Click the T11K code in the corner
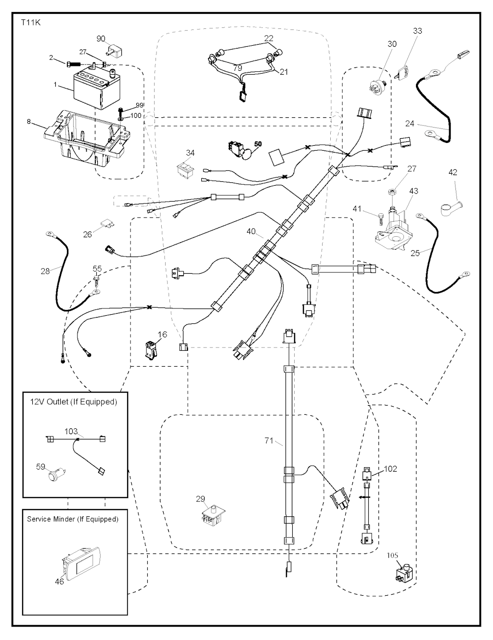tap(30, 22)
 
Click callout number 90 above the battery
tap(101, 38)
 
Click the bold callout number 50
tap(258, 144)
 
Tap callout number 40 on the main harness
tap(251, 231)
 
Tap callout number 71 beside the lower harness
tap(269, 440)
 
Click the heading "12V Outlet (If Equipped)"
tap(74, 401)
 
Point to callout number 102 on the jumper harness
tap(390, 468)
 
